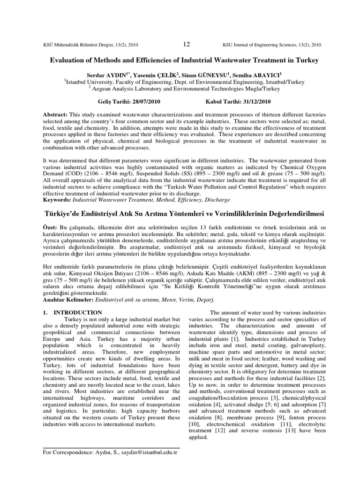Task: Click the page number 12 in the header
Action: pos(186,45)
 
